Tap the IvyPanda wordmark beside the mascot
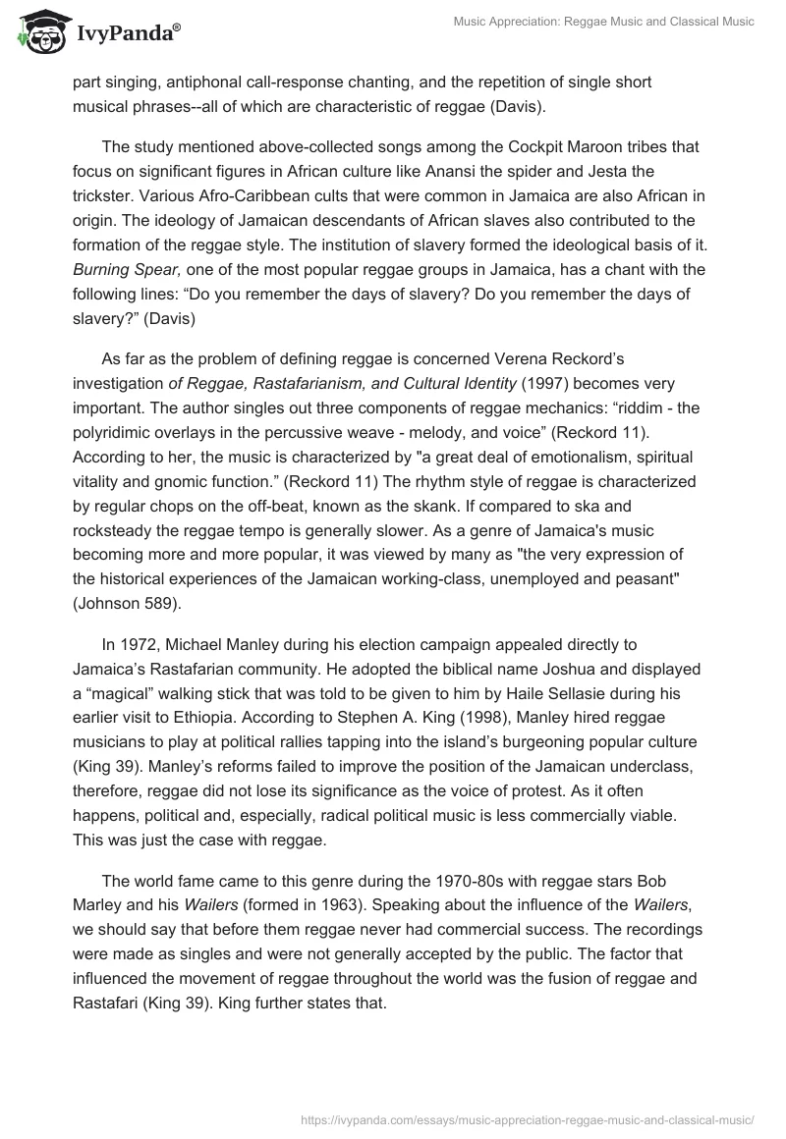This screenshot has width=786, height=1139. click(126, 35)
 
